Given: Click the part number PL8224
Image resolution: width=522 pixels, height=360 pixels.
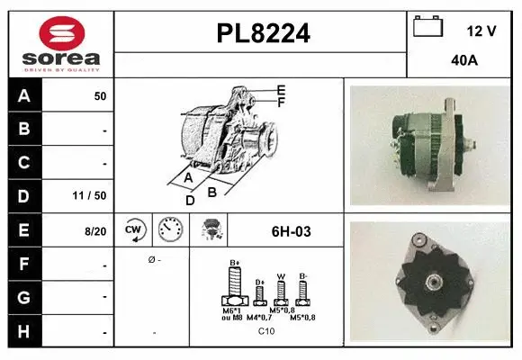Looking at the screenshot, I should click(263, 34).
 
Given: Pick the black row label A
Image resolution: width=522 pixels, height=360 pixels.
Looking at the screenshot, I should click(24, 95).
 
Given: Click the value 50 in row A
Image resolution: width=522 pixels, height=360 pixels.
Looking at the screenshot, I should click(100, 95).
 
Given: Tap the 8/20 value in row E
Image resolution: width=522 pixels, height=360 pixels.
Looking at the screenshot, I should click(95, 231).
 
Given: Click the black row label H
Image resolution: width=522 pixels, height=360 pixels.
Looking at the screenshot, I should click(24, 331).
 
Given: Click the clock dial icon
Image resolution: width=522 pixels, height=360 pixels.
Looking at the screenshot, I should click(169, 230).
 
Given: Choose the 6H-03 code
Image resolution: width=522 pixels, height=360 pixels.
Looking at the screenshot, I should click(291, 231).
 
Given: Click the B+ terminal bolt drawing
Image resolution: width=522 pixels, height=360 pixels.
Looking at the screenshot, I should click(235, 290).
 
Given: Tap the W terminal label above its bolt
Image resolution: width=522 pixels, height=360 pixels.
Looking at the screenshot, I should click(281, 276).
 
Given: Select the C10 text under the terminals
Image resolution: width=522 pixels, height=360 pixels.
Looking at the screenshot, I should click(266, 331).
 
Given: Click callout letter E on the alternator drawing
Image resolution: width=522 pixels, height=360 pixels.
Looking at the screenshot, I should click(282, 89).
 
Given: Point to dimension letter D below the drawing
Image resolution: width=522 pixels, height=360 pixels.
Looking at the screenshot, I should click(190, 200).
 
